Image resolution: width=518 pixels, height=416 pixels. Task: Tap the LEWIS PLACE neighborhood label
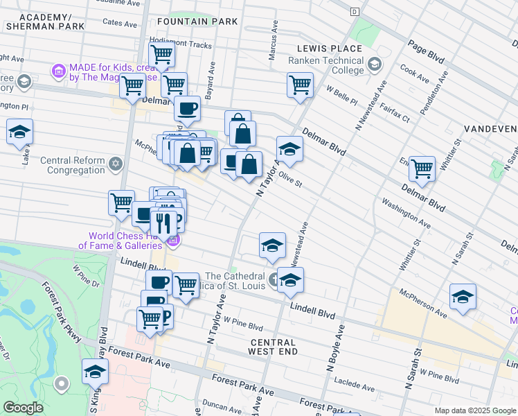pos(329,49)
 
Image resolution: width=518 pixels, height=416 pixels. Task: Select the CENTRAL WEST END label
pos(273,347)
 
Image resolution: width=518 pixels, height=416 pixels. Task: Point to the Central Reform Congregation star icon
pos(116,164)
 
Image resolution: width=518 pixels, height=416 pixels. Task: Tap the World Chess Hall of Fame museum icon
pos(172,241)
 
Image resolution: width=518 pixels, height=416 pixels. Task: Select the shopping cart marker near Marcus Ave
pos(301,85)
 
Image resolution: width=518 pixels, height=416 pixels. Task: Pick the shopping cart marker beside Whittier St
pos(421,168)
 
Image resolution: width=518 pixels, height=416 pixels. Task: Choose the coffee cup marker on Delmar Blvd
pos(187,107)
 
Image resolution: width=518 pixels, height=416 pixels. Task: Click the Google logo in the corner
pos(23,407)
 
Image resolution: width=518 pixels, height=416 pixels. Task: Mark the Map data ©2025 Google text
pos(474,410)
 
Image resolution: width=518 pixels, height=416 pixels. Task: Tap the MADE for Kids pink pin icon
pos(59,71)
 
